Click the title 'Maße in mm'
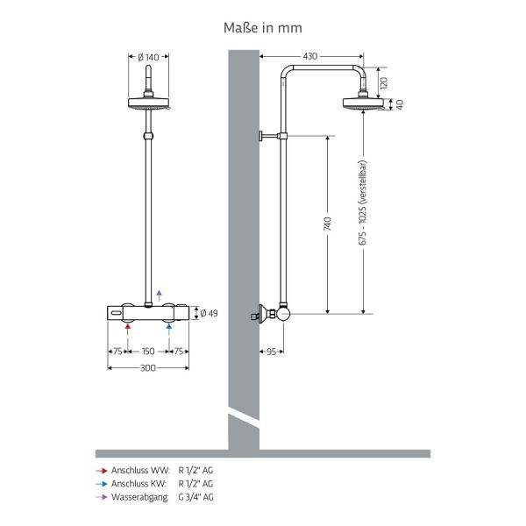pyautogui.click(x=263, y=28)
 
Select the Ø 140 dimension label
pyautogui.click(x=148, y=57)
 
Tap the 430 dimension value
pyautogui.click(x=310, y=56)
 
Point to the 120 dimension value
pyautogui.click(x=384, y=82)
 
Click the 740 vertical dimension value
pyautogui.click(x=327, y=224)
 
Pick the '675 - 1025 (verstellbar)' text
pyautogui.click(x=363, y=203)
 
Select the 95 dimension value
pyautogui.click(x=272, y=352)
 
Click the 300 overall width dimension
pyautogui.click(x=148, y=368)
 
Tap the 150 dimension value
pyautogui.click(x=148, y=352)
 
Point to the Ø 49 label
pyautogui.click(x=209, y=313)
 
